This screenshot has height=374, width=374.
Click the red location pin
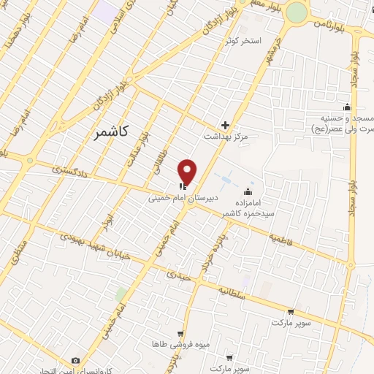[x=188, y=172]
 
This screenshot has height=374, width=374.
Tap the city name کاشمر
[x=112, y=132]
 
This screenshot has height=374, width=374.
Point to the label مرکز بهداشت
[x=226, y=137]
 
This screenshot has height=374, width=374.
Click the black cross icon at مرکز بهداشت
[x=226, y=125]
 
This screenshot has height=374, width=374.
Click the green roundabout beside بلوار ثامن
[x=297, y=12]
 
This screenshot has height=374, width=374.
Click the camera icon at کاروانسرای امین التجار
[x=75, y=361]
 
